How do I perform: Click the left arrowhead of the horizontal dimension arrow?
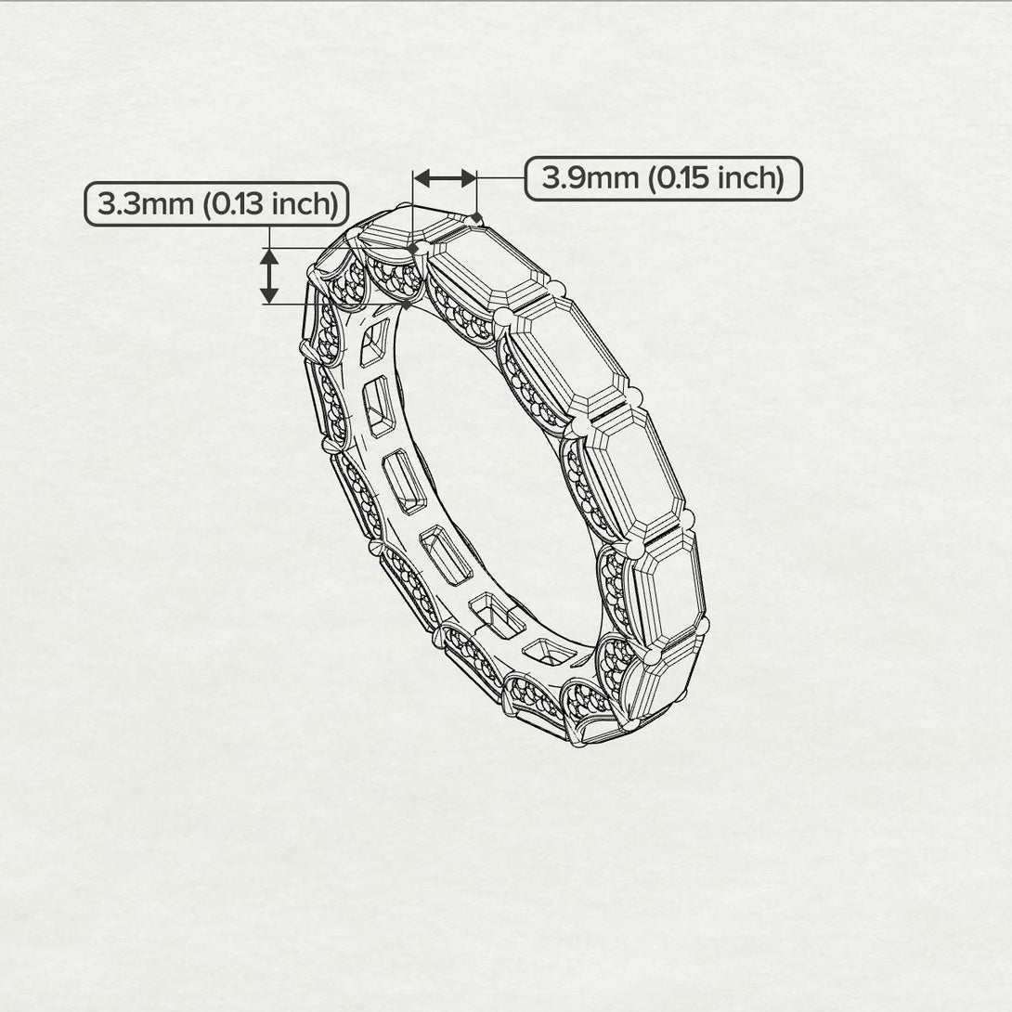pyautogui.click(x=421, y=177)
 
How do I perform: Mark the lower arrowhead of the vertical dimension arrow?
pyautogui.click(x=269, y=295)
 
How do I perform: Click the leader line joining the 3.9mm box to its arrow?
pyautogui.click(x=501, y=177)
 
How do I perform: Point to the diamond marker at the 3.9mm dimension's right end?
pyautogui.click(x=477, y=218)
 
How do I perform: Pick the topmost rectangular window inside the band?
pyautogui.click(x=374, y=343)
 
